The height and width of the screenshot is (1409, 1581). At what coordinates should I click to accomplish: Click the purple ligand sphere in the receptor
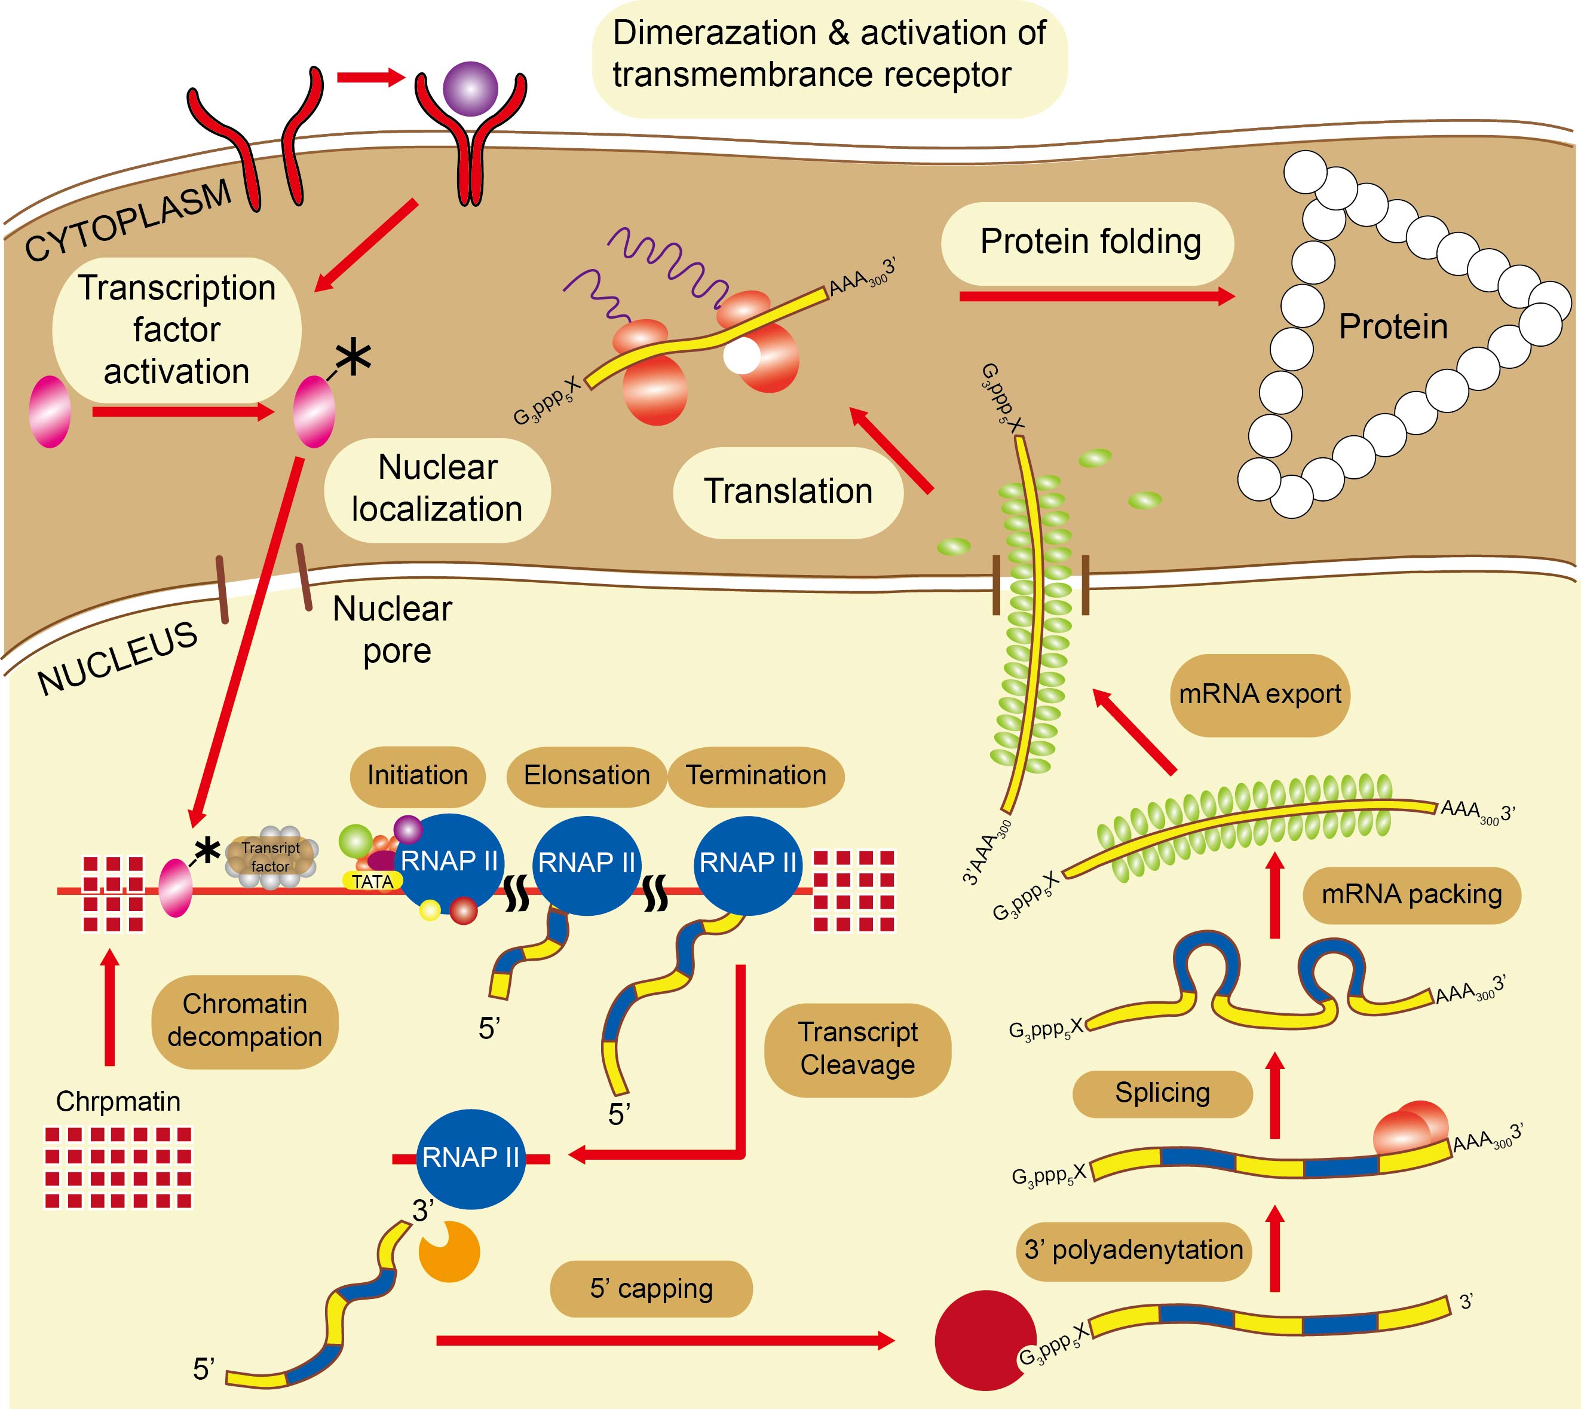pos(470,89)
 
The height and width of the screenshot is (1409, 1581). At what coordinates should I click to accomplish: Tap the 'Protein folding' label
pos(1090,242)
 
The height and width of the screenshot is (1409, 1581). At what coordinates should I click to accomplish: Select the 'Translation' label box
pos(788,491)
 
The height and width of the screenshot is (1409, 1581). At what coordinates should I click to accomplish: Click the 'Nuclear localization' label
pos(437,488)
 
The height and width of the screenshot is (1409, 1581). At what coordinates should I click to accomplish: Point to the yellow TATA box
pos(372,882)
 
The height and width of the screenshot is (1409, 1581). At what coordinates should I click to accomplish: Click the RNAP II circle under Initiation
pos(449,861)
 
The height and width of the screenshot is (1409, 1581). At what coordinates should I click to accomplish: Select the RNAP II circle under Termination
pos(747,863)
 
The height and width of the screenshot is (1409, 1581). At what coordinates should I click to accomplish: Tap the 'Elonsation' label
pos(587,776)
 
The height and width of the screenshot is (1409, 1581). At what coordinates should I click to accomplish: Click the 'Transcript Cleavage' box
pos(857,1049)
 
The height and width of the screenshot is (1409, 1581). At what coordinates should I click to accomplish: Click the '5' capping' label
pos(651,1288)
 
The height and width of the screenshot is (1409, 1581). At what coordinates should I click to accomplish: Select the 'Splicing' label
pos(1162,1092)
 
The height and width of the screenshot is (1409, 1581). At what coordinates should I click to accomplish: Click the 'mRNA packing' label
pos(1411,894)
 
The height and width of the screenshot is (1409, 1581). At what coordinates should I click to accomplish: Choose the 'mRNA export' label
pos(1259,695)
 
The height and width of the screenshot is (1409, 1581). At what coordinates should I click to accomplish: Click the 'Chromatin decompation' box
pos(244,1021)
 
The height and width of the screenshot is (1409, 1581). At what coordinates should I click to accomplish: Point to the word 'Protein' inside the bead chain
pos(1392,327)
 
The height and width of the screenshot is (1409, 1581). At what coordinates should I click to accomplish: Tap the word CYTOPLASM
pos(128,221)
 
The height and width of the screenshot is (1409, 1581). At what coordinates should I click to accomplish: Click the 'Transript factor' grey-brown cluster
pos(270,858)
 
